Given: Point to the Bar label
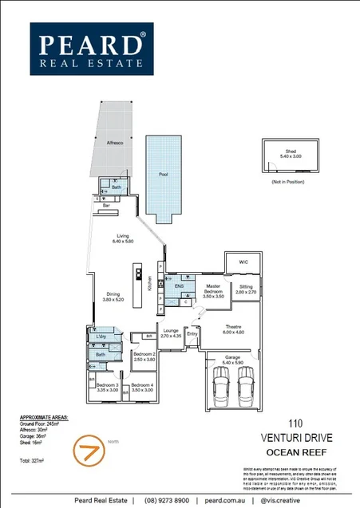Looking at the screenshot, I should [105, 206].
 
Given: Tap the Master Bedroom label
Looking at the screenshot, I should [213, 288].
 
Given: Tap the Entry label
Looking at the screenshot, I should [192, 334].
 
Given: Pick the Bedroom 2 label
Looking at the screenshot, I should [144, 356].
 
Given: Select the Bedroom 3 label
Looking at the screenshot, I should [107, 388].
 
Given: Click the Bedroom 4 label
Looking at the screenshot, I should [141, 388].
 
